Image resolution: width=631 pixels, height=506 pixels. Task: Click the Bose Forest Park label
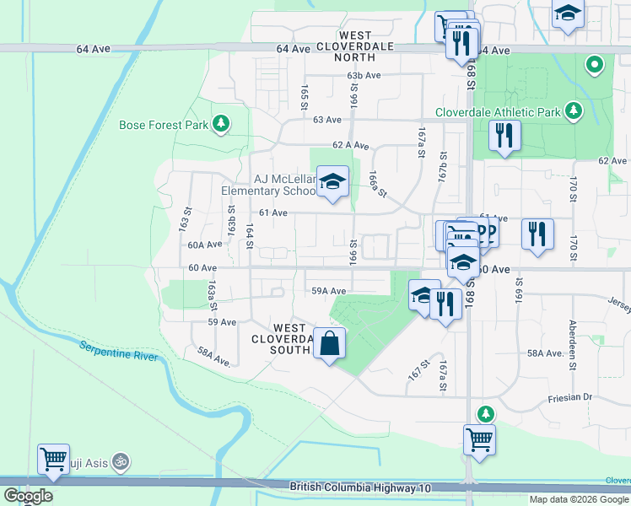tap(164, 125)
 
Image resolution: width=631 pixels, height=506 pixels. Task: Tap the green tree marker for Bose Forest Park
tap(221, 125)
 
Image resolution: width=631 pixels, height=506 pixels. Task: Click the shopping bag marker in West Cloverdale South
tap(330, 343)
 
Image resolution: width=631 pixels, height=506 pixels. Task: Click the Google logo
tap(28, 496)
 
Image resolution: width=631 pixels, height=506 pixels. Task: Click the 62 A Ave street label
tap(350, 145)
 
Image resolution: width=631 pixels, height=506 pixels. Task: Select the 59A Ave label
tap(330, 290)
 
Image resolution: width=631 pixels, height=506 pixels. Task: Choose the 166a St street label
tap(376, 185)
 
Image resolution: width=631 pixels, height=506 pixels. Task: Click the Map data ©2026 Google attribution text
tap(578, 499)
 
